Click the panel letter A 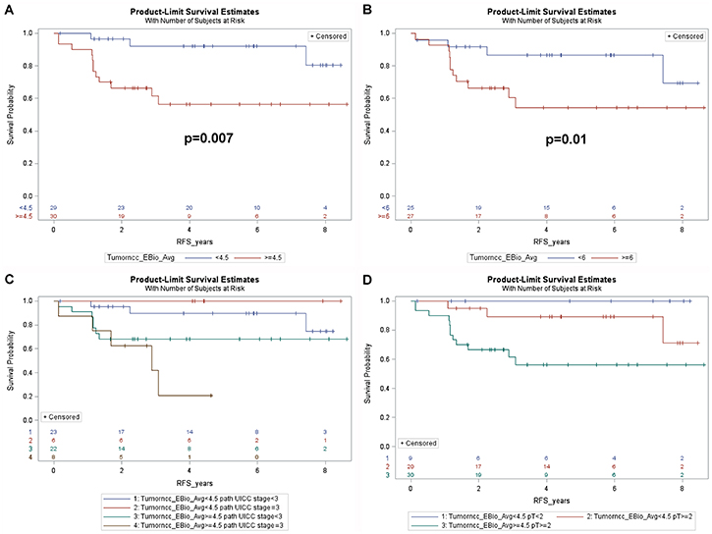(8, 9)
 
